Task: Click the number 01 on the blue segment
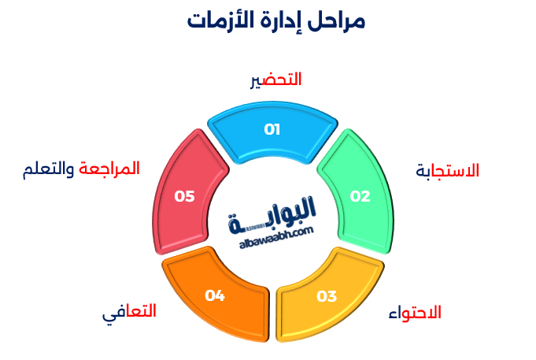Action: point(272,130)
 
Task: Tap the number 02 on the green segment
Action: point(360,197)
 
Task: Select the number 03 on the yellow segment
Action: point(327,296)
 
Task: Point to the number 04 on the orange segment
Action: point(215,295)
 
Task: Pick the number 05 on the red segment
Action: point(185,196)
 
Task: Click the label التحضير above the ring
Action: point(275,80)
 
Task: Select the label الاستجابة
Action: point(447,171)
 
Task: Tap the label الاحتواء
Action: point(415,313)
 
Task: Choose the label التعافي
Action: point(129,312)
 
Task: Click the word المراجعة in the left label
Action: point(109,169)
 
